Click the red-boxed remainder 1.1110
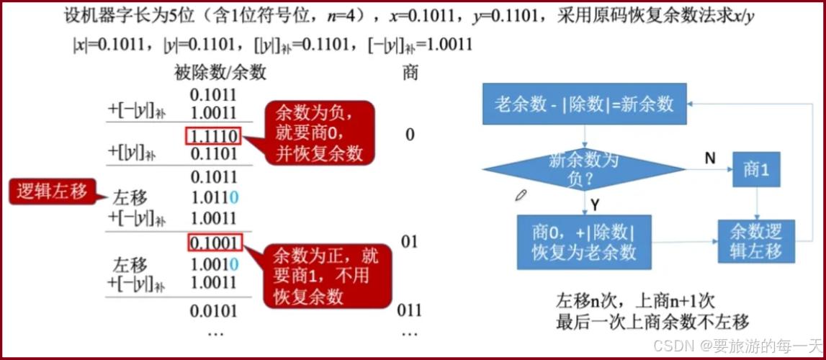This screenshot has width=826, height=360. tap(214, 135)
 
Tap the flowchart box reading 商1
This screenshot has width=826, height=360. tap(755, 169)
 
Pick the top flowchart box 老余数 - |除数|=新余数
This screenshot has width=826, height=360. tap(584, 104)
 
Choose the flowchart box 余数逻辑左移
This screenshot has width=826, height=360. tap(755, 241)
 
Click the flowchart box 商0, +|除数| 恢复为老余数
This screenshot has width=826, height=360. tap(584, 242)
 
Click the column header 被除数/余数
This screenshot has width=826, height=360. tap(220, 72)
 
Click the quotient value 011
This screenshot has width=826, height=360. tap(409, 311)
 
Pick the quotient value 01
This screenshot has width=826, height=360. tap(409, 241)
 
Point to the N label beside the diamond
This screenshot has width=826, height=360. tap(709, 157)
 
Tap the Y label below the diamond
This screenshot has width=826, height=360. tap(596, 205)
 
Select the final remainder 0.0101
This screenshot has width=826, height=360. tap(214, 311)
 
